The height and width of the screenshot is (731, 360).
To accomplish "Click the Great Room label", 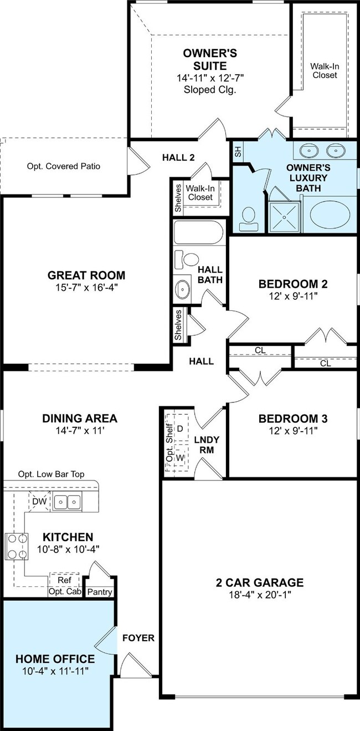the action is tap(86, 275).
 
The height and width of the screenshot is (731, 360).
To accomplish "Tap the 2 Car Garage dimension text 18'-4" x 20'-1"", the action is tap(260, 595).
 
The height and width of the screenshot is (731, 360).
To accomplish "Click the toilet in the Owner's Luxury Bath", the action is tap(249, 220).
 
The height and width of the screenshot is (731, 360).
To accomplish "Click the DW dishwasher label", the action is tap(40, 501).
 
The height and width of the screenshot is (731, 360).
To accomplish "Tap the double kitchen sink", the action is tap(68, 501).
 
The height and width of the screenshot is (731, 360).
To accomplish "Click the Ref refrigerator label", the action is tap(64, 580).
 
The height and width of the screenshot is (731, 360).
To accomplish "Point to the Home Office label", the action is tap(55, 659).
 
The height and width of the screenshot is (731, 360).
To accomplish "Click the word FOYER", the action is tap(138, 638).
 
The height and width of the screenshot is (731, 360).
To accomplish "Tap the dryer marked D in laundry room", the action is tap(179, 429).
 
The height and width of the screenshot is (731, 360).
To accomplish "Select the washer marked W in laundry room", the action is tap(180, 458).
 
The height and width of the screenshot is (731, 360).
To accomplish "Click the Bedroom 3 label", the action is tap(293, 418).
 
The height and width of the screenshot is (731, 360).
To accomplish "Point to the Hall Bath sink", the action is tap(182, 289).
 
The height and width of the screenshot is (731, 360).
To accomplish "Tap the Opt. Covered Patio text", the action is tap(64, 166).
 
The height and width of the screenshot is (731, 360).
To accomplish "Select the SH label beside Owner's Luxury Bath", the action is tap(238, 151).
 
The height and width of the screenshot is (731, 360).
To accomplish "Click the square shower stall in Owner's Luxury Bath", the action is tap(284, 217).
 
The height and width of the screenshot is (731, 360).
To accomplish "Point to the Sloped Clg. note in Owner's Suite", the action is tap(210, 89).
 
